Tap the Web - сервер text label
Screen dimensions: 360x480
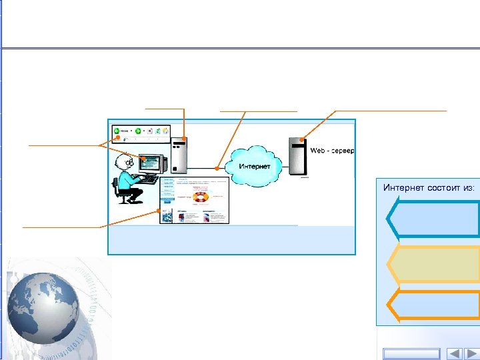pos(332,151)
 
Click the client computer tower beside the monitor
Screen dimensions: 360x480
pos(180,155)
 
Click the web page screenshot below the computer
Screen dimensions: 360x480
pos(194,200)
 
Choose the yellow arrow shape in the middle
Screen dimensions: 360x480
pos(433,264)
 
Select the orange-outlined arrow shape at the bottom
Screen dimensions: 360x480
pos(433,305)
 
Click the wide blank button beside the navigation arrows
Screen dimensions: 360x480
pos(411,353)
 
